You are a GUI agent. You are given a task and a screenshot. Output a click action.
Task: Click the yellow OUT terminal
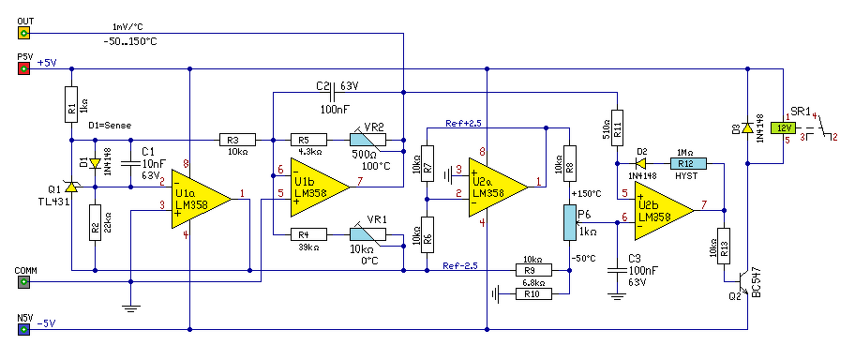(23, 34)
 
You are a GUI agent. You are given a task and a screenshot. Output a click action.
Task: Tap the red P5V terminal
(23, 68)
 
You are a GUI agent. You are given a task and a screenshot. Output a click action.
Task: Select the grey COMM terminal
(23, 282)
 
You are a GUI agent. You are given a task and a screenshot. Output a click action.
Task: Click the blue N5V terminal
(23, 329)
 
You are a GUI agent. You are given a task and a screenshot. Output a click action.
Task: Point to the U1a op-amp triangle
(202, 199)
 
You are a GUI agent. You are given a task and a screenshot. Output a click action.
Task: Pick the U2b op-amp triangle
(664, 211)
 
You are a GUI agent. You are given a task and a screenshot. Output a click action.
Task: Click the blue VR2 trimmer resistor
(367, 141)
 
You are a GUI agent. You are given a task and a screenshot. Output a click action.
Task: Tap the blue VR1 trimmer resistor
(367, 234)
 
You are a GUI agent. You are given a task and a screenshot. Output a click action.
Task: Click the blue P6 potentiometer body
(569, 222)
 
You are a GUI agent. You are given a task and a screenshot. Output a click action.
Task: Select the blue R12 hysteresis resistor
(688, 163)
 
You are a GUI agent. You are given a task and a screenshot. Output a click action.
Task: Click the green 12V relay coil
(783, 128)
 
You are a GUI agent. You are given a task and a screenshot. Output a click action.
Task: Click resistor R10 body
(533, 294)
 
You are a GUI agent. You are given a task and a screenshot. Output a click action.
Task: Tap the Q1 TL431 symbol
(71, 187)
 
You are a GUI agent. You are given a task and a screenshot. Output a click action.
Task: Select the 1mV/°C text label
(128, 27)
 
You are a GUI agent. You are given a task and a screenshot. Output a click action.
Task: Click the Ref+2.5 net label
(462, 123)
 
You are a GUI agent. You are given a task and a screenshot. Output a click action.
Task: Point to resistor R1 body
(71, 104)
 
